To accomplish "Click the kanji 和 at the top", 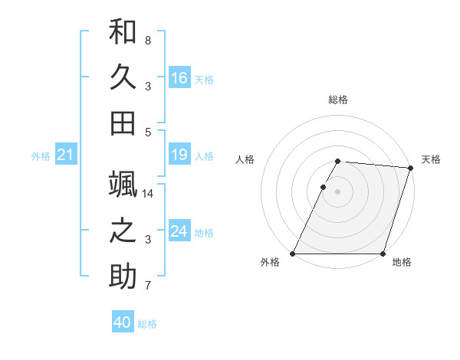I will click(123, 32).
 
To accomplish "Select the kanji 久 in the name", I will click(123, 77).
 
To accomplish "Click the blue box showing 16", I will click(179, 78).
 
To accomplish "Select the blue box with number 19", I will click(179, 155).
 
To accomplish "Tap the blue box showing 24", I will click(179, 232).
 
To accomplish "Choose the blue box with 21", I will click(65, 155).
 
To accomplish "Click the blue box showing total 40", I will click(123, 323).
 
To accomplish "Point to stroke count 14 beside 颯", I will click(149, 194).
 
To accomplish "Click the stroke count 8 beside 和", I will click(148, 40).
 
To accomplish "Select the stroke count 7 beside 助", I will click(148, 286).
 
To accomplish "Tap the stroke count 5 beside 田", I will click(148, 132).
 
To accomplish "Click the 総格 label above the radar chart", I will click(338, 100).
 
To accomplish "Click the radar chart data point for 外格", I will click(293, 254).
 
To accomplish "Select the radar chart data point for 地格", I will click(383, 254).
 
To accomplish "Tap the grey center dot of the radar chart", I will click(338, 191).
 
